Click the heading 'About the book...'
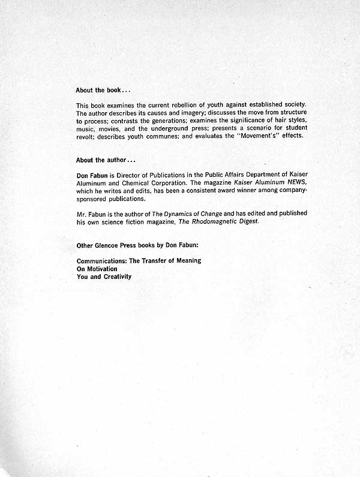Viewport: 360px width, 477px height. (103, 90)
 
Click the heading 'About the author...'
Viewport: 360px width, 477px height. (106, 160)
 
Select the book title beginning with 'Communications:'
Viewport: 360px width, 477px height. (139, 261)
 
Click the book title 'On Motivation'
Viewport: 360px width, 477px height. (97, 269)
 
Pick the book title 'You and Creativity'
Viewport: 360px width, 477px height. (104, 277)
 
